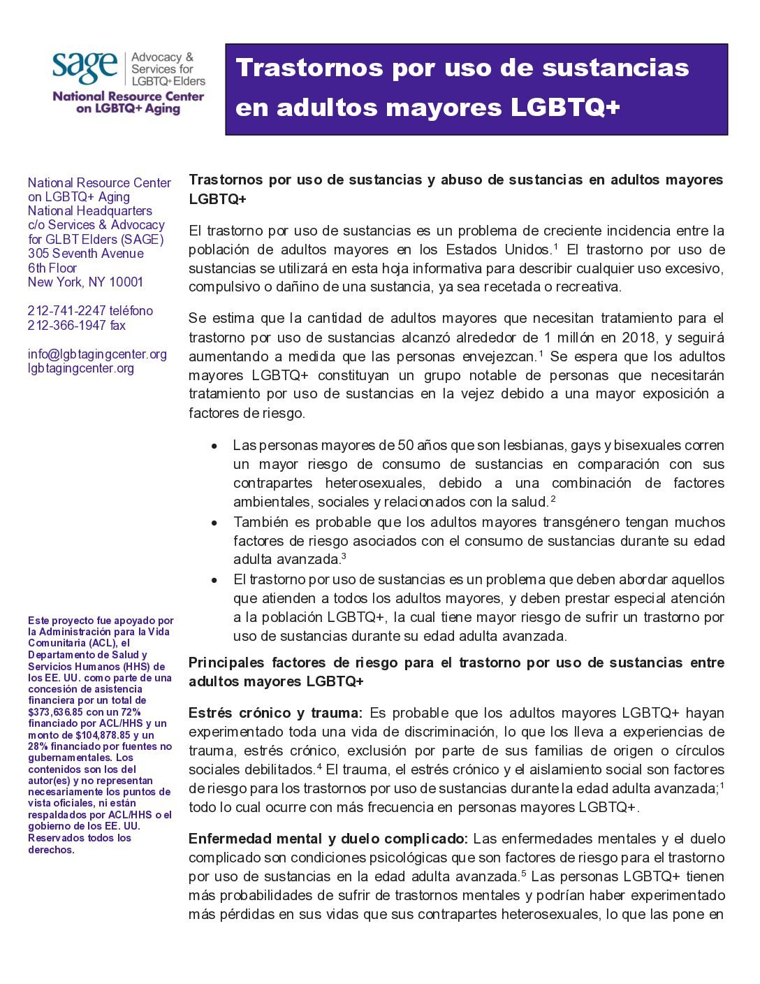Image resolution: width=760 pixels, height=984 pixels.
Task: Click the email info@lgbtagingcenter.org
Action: pos(97,354)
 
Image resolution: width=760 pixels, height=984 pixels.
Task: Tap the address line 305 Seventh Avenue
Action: pos(86,254)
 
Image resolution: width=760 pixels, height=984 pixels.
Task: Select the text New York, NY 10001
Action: pos(85,282)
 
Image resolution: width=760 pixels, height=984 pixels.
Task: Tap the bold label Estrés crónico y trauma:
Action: pos(275,714)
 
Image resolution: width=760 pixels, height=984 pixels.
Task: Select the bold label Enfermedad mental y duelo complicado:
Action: pos(328,839)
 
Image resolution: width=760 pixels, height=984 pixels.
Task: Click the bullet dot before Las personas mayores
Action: pos(215,446)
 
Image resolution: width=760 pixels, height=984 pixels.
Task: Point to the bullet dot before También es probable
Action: pos(215,523)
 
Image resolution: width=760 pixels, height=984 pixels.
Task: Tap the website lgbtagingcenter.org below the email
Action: pos(81,368)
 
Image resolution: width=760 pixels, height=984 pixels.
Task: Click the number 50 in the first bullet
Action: pos(406,446)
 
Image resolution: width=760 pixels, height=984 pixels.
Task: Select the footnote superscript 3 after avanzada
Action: pos(344,557)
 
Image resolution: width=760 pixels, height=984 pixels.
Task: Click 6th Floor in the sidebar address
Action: pos(52,268)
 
